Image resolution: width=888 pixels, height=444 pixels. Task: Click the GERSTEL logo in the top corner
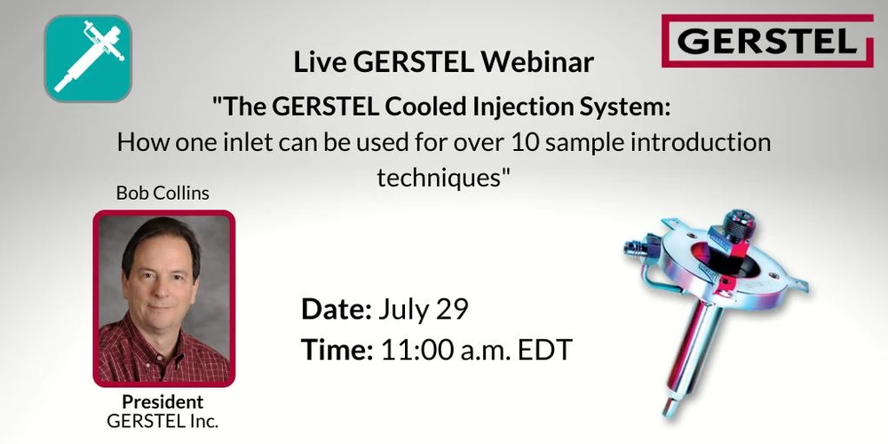pos(767,41)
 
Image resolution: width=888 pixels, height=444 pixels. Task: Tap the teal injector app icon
pos(88,59)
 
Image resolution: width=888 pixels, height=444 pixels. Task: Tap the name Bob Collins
pos(163,193)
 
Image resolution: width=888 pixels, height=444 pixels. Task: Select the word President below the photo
pos(163,401)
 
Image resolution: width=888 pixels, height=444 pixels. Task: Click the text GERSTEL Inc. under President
pos(163,421)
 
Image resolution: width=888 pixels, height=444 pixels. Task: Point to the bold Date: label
pos(336,309)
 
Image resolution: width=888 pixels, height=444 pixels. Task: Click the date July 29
pos(424,309)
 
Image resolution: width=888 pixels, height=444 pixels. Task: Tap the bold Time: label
pos(337,350)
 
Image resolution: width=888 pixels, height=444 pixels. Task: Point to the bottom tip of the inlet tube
pos(669,410)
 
